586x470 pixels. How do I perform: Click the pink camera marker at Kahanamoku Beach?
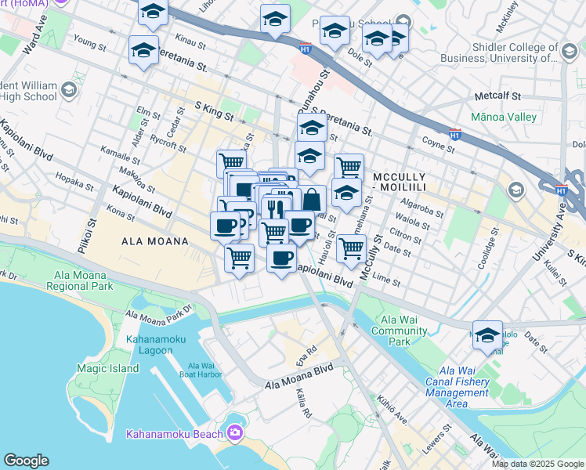tap(234, 433)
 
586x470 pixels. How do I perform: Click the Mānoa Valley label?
tap(505, 117)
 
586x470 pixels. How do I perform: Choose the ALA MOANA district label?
tap(155, 242)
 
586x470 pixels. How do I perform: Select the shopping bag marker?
tap(312, 200)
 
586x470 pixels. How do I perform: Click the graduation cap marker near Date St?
tap(487, 334)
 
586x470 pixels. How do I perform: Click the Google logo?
tap(26, 461)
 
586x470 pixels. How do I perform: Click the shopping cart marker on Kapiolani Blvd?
tap(239, 256)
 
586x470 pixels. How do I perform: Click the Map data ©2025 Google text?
tap(537, 464)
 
